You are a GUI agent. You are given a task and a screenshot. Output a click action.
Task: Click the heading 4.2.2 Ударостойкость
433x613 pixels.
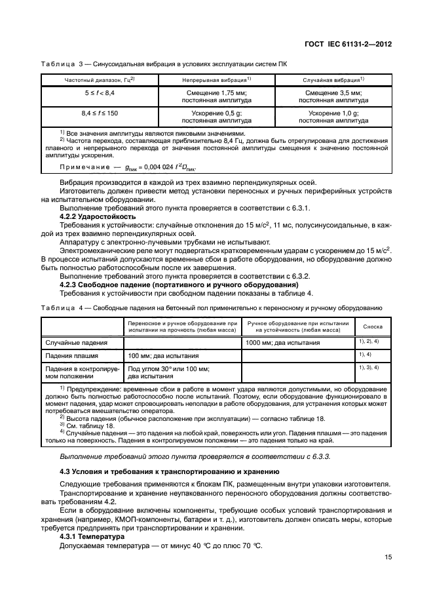point(98,216)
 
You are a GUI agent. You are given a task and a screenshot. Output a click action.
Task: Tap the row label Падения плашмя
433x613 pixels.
point(71,355)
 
